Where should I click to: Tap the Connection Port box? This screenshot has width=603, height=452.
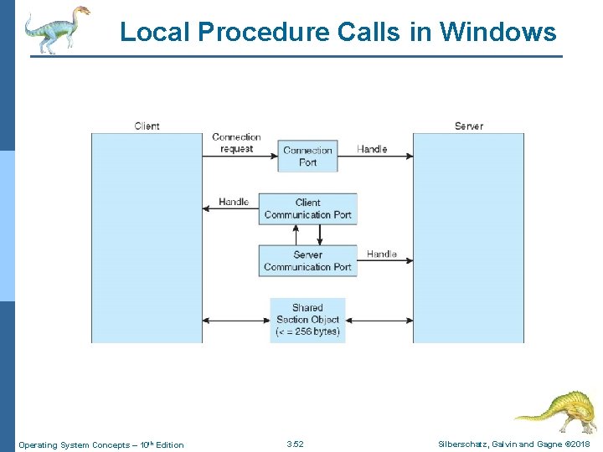point(307,157)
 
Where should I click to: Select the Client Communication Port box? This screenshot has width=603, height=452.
point(307,208)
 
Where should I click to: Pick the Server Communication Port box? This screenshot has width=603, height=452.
point(307,260)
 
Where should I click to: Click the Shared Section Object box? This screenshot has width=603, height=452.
point(307,320)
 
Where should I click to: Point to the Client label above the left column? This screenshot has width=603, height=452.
point(147,126)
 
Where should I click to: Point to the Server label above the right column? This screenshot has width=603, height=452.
point(468,126)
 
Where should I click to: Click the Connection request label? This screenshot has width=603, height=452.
point(236,142)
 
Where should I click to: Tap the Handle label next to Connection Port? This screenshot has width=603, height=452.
point(372,149)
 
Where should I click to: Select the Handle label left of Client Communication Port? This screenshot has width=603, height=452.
point(234,202)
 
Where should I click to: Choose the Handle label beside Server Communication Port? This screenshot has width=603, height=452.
point(381,254)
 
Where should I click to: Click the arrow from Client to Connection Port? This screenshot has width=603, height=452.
point(240,156)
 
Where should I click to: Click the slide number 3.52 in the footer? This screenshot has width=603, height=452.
point(295,444)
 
